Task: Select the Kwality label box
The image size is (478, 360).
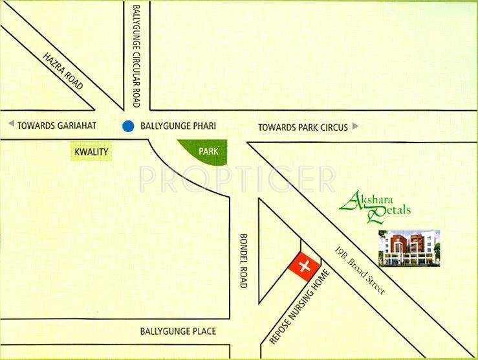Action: point(91,153)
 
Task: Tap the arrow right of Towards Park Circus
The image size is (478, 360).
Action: point(355,126)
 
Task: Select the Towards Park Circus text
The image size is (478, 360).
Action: point(303,127)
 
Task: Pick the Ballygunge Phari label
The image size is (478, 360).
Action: point(178,126)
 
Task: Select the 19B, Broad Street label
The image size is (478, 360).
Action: point(360,271)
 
